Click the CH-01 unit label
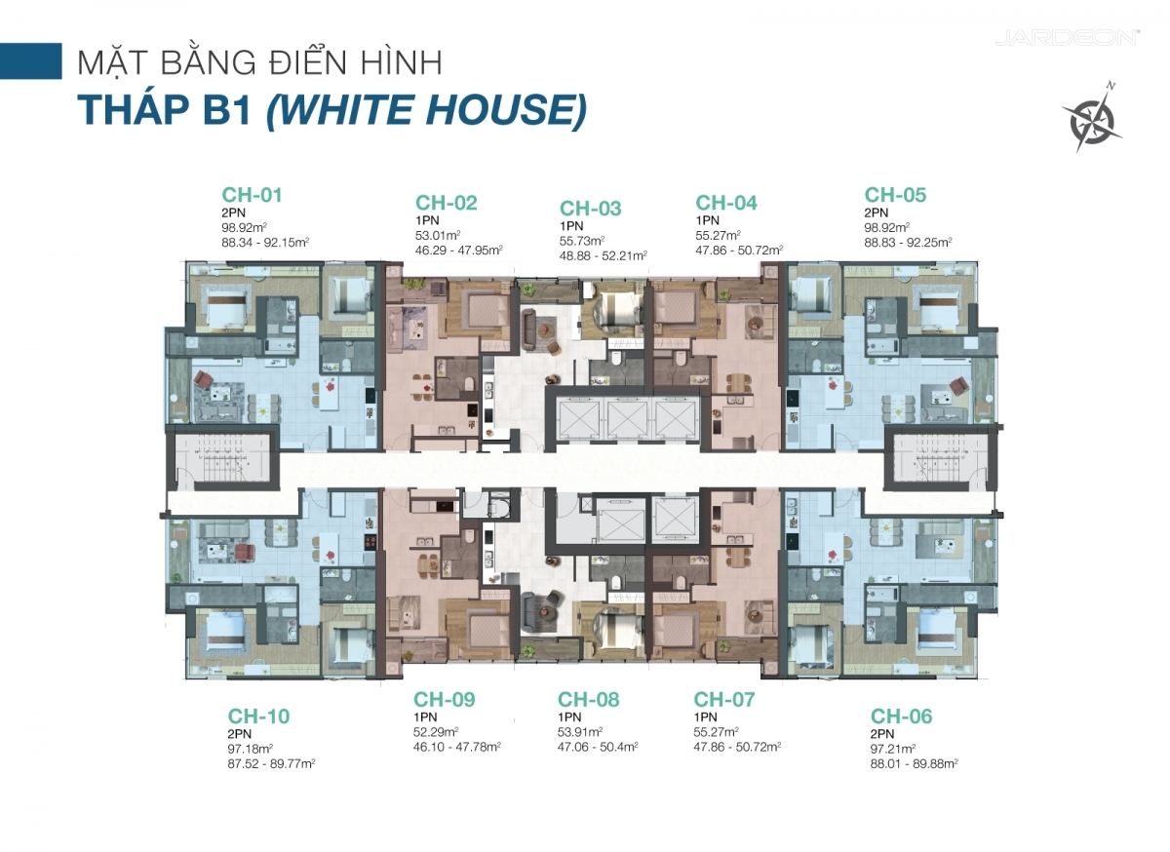252,195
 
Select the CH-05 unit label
895,195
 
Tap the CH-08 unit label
588,700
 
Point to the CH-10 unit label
258,716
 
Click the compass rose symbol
1091,119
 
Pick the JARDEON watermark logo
1067,38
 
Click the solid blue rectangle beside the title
31,61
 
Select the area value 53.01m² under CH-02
438,236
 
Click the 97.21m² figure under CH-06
893,749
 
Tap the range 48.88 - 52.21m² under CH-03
604,256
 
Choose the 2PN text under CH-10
239,733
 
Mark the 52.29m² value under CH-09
436,732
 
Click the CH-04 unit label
726,203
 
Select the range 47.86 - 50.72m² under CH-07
737,747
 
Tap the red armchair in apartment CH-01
203,379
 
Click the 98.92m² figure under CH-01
245,228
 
